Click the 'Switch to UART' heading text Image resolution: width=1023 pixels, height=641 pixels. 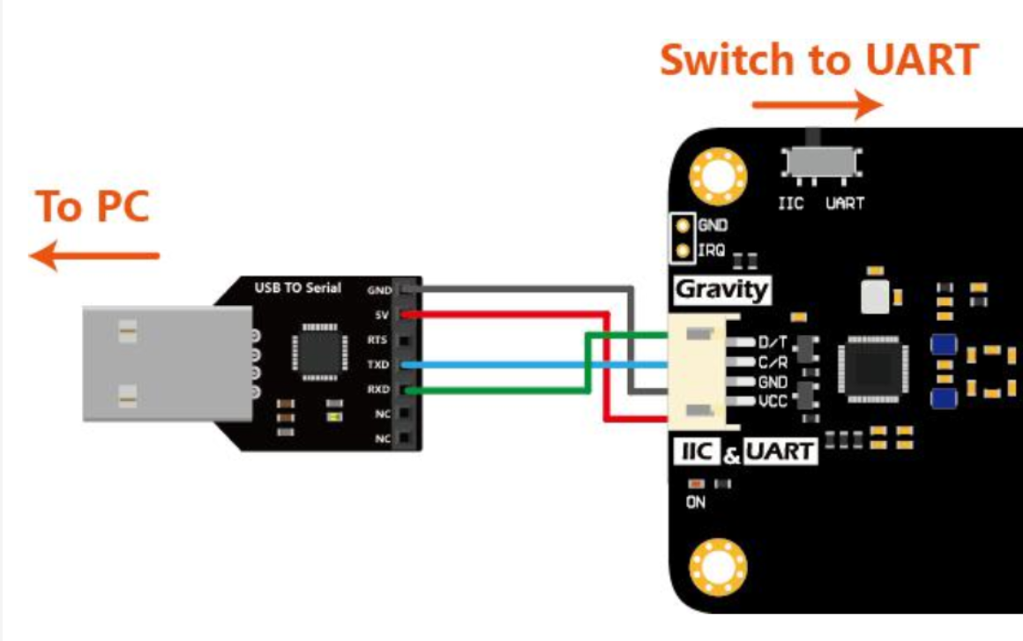(818, 60)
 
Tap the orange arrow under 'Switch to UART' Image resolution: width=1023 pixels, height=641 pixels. (818, 105)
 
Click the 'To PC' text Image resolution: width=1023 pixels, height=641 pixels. (93, 206)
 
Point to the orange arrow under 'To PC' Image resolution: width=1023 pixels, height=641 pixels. (94, 256)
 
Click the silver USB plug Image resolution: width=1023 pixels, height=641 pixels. (167, 364)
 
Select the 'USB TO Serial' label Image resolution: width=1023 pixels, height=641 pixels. (297, 287)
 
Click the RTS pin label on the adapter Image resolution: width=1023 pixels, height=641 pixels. (377, 339)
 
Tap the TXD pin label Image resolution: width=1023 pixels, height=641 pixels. (377, 364)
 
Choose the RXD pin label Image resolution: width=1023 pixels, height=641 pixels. (378, 390)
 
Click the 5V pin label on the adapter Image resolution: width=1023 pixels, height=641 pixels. (382, 315)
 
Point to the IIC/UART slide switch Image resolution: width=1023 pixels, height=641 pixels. (821, 160)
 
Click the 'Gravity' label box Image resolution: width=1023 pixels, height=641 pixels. (721, 290)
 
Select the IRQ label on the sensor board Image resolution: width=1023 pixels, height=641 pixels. (711, 250)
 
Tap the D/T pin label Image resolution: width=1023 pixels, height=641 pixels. (773, 342)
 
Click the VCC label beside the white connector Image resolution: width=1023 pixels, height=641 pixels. (773, 401)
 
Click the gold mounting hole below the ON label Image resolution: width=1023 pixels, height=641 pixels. (718, 567)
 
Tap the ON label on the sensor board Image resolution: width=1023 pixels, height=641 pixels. (696, 502)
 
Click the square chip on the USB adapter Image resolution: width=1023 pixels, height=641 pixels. (319, 352)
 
